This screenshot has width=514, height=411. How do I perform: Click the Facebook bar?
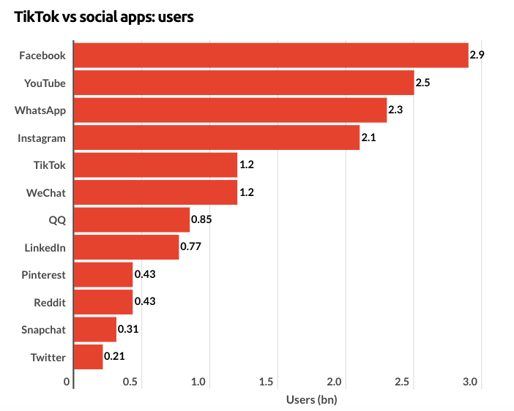coord(271,56)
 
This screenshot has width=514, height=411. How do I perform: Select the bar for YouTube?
coord(244,83)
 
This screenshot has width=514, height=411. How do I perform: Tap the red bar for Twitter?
coord(89,357)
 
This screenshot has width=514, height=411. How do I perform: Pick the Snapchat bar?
coord(95,329)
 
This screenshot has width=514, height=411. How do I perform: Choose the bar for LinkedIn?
coord(127,247)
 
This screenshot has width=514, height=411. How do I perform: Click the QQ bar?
coord(132,219)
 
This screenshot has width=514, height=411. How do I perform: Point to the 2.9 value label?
coord(477,56)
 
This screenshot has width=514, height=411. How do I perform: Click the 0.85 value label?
coord(201,219)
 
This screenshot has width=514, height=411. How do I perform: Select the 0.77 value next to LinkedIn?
coord(190,247)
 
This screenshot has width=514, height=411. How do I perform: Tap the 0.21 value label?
coord(114,357)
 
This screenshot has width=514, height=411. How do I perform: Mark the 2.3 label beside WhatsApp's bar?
coord(395,110)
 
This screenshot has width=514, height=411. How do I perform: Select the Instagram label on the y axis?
coord(42,137)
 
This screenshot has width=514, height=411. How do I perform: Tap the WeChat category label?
coord(45,192)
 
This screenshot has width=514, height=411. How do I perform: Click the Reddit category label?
coord(50,302)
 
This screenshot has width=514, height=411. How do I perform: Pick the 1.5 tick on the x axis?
coord(267,382)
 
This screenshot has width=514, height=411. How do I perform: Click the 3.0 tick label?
coord(470,382)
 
